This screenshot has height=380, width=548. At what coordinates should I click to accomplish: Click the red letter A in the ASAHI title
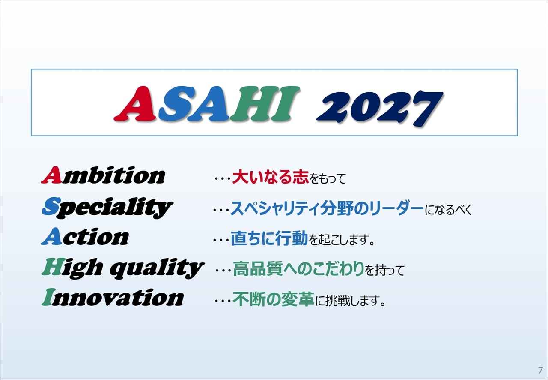pos(135,104)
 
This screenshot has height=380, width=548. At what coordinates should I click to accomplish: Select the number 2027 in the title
pos(380,109)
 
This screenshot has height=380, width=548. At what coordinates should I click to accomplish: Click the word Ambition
pos(103,175)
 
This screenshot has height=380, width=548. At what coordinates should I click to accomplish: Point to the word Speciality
pos(107,208)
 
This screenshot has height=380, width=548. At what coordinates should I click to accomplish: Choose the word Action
pos(85,236)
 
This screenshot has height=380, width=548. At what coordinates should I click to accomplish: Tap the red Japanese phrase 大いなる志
pos(270,177)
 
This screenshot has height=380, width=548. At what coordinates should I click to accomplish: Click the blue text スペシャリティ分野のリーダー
pos(327,208)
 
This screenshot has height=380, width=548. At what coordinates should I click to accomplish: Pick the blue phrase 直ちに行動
pos(269,238)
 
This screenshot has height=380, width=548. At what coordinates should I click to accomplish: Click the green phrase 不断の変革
pos(273,299)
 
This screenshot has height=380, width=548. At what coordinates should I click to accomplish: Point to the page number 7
pos(540,370)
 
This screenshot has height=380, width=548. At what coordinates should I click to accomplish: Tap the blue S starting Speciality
pos(51,206)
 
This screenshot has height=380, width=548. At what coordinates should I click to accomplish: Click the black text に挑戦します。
pos(350,300)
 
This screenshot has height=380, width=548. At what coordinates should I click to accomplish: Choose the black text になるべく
pos(448,210)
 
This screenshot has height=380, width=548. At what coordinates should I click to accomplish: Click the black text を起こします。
pos(342,239)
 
